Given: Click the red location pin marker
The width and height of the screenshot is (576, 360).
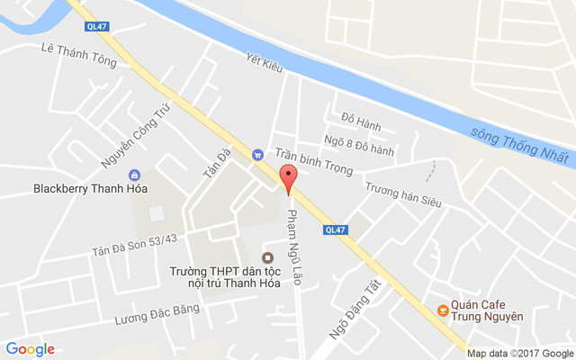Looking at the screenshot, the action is [288, 178].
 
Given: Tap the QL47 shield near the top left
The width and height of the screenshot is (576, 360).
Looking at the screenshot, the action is [96, 27].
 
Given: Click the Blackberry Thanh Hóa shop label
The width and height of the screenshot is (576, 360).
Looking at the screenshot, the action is [90, 189].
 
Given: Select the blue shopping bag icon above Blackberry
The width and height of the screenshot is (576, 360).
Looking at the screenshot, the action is [135, 175].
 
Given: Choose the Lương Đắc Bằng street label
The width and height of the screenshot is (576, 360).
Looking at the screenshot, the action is [157, 314].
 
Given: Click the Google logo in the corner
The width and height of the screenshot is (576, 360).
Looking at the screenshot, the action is [30, 349].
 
